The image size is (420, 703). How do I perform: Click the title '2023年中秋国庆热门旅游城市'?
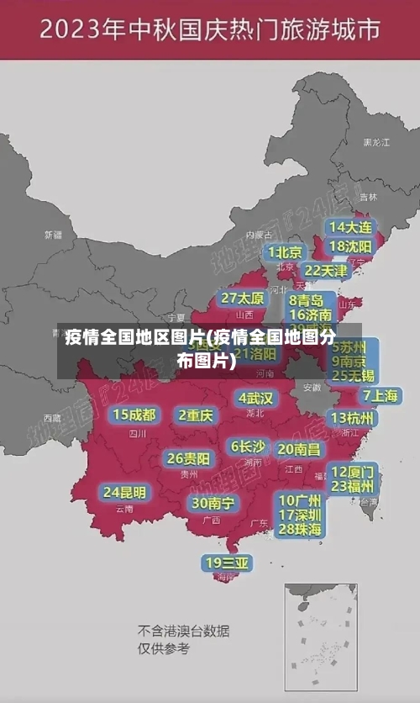click(x=209, y=31)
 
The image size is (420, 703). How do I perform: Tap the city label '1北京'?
click(x=286, y=252)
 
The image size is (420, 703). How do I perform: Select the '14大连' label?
click(x=350, y=227)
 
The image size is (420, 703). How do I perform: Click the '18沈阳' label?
click(x=350, y=246)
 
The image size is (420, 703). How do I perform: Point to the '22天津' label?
click(x=325, y=271)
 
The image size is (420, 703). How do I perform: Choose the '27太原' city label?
click(x=243, y=298)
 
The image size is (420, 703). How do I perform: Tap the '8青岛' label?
click(x=306, y=299)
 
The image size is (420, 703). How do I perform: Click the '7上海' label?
click(x=380, y=395)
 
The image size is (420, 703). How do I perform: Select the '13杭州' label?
click(x=353, y=418)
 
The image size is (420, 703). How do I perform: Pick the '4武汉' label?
click(x=255, y=397)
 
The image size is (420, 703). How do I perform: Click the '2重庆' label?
click(x=196, y=415)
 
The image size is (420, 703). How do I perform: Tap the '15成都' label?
click(x=134, y=414)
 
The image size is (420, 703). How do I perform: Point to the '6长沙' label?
click(x=248, y=447)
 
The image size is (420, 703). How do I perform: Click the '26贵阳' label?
click(x=188, y=458)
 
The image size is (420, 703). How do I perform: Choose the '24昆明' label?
click(x=124, y=491)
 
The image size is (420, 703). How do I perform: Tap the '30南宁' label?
click(x=213, y=503)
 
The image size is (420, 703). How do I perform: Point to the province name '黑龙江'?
click(x=375, y=143)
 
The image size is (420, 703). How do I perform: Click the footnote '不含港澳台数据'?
click(x=183, y=631)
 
